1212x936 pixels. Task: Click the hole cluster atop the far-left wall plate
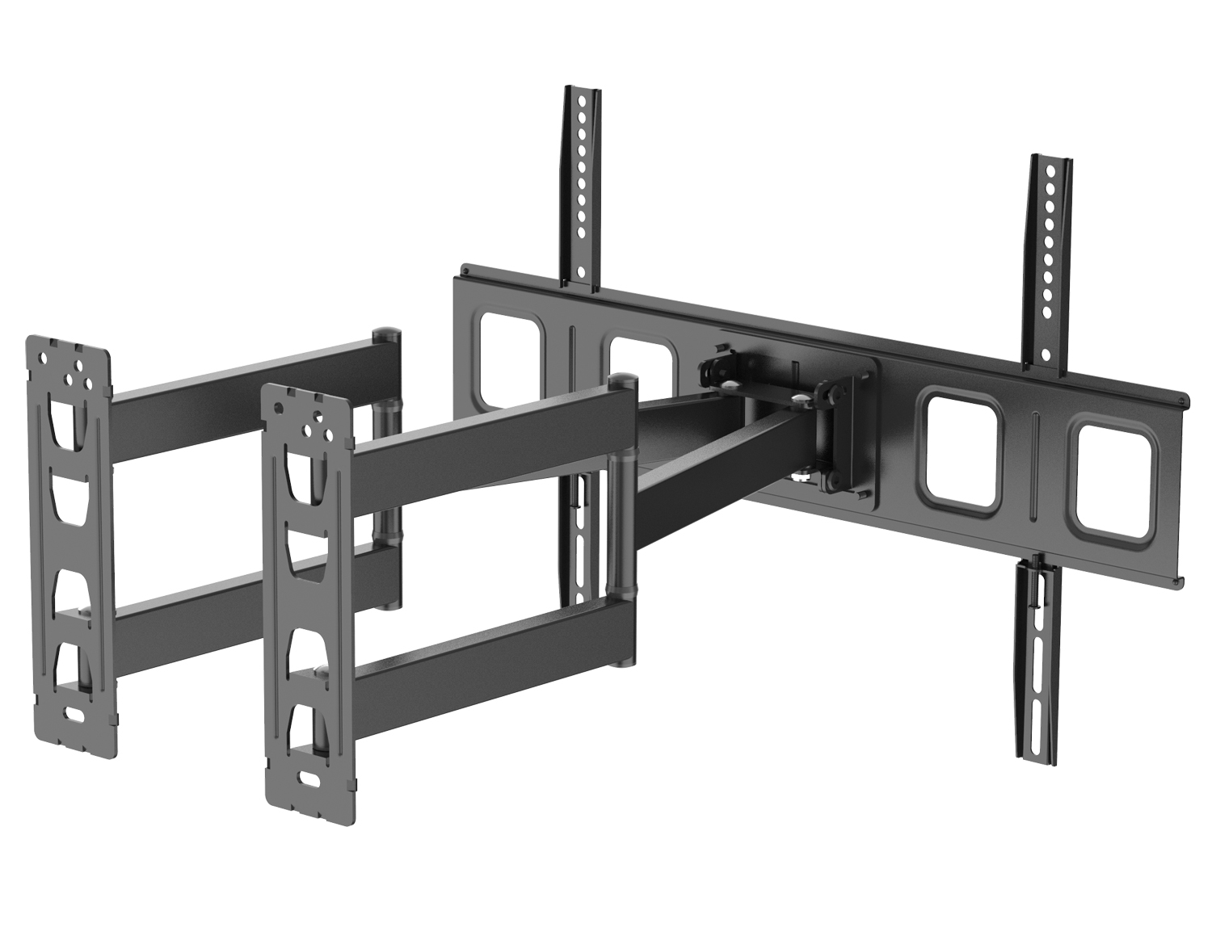tap(68, 363)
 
